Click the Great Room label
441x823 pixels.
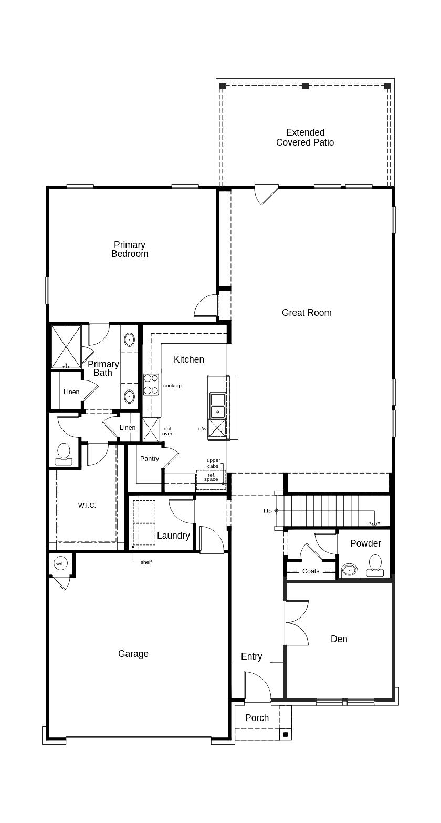[x=307, y=313]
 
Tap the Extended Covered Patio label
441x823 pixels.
[x=305, y=138]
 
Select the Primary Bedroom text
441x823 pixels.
[x=130, y=250]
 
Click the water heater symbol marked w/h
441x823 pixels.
[x=60, y=564]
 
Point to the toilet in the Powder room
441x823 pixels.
[x=375, y=565]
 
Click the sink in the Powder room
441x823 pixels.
[x=349, y=570]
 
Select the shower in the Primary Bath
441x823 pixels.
[x=66, y=347]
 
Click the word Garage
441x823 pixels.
[x=133, y=654]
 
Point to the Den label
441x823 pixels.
[x=339, y=639]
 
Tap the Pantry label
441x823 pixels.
[x=150, y=459]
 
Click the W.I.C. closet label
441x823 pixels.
[x=87, y=506]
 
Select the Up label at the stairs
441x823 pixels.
[x=268, y=511]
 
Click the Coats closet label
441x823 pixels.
[x=311, y=571]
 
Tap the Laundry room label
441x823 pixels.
[x=173, y=536]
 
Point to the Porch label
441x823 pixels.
[x=257, y=718]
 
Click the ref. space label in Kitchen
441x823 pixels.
[x=211, y=477]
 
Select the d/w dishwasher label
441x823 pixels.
[x=202, y=429]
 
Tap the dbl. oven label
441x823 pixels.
[x=167, y=431]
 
